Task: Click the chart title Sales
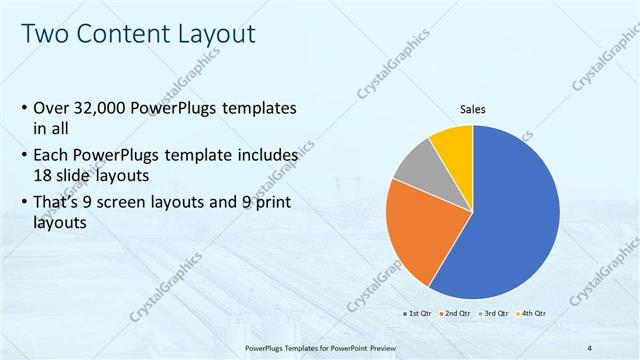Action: (x=473, y=109)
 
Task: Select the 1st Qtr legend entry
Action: (x=418, y=314)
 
